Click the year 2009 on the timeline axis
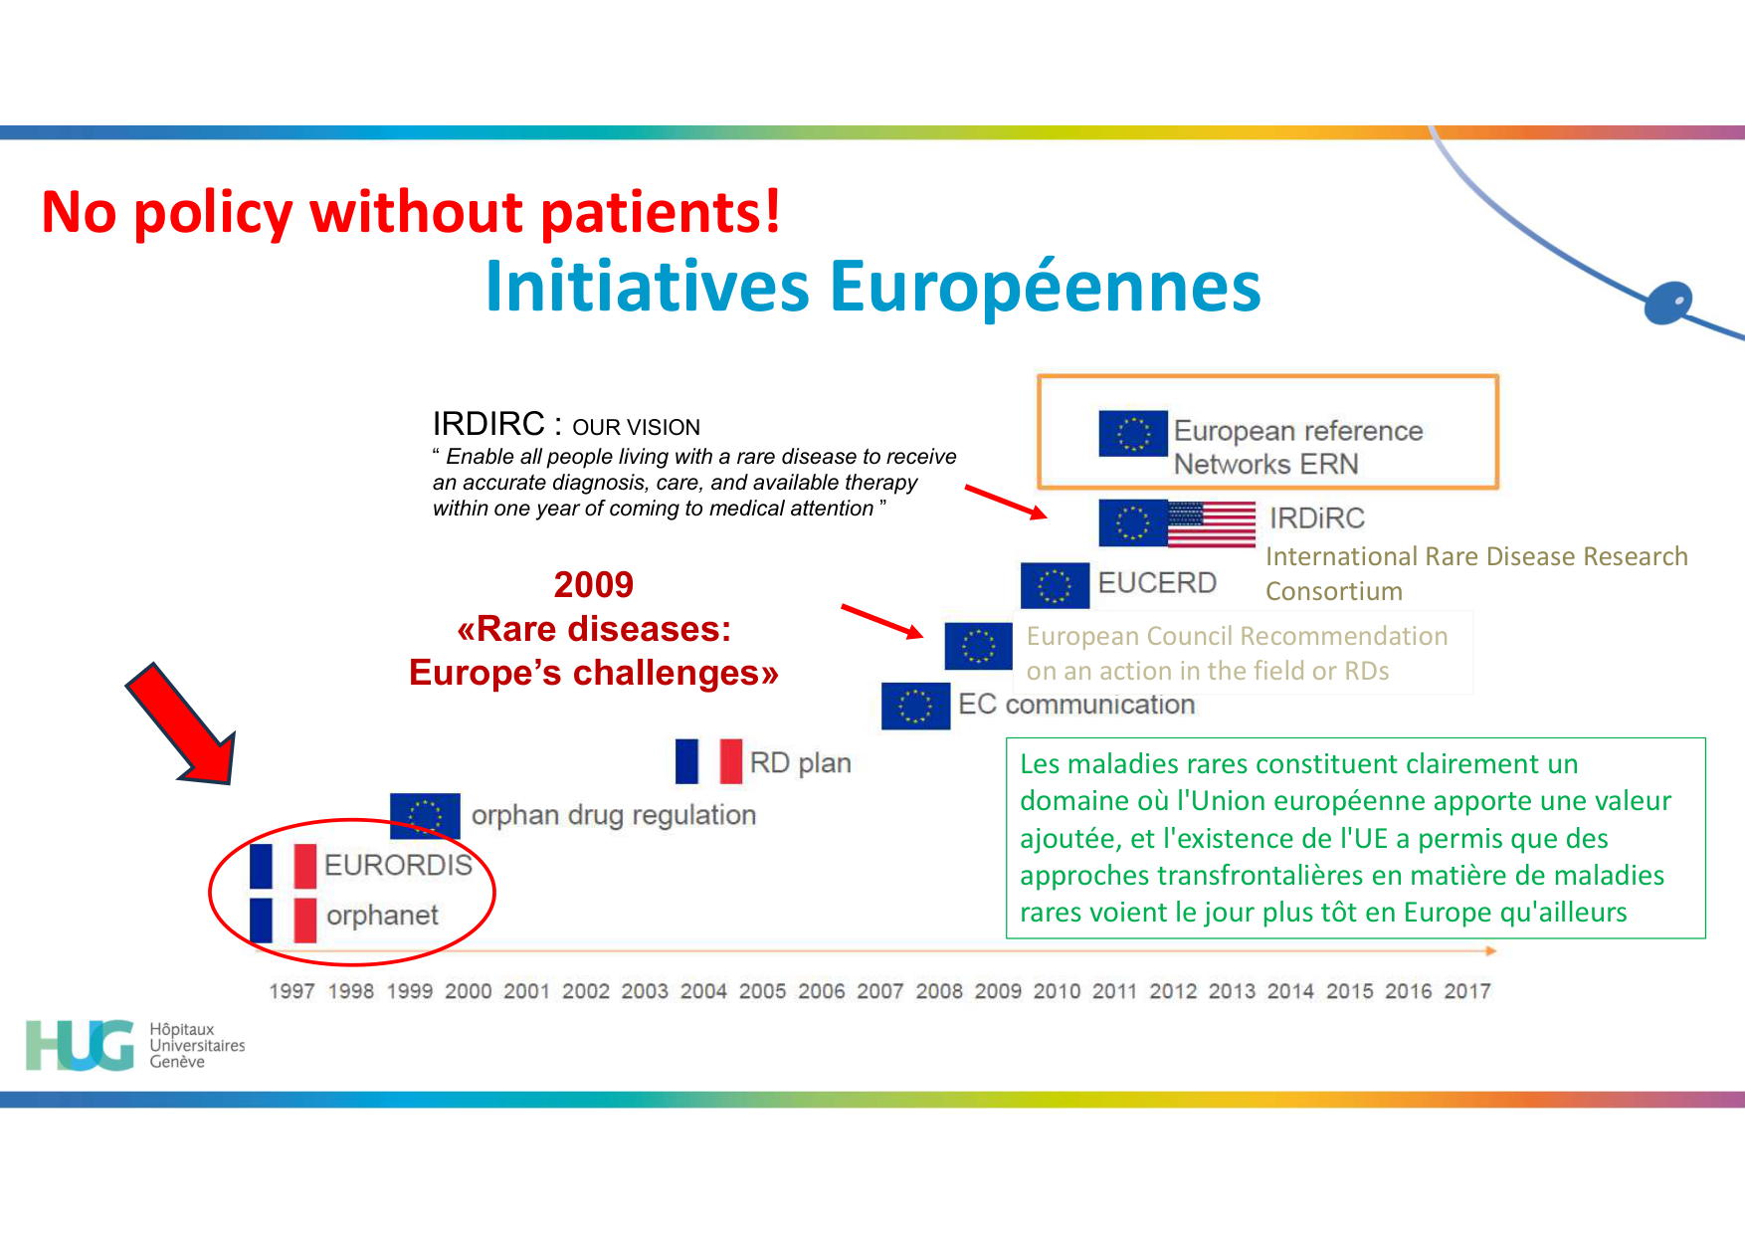click(x=998, y=991)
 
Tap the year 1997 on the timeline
click(x=291, y=991)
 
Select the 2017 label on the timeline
click(x=1467, y=991)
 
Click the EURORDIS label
click(x=398, y=865)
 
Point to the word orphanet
click(x=382, y=916)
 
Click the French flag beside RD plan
click(x=708, y=761)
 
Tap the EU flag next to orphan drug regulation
click(x=425, y=815)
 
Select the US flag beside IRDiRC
click(x=1211, y=523)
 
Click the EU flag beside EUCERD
click(x=1055, y=585)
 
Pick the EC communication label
click(x=1075, y=705)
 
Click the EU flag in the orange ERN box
click(x=1132, y=433)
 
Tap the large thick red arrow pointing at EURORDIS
click(x=184, y=724)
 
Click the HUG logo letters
click(x=80, y=1045)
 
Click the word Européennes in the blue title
click(x=1045, y=287)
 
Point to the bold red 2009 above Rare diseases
click(x=593, y=584)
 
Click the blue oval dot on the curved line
click(x=1668, y=303)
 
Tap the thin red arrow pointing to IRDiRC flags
click(x=1005, y=502)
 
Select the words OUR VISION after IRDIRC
click(x=636, y=427)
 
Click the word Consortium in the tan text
click(x=1333, y=591)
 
